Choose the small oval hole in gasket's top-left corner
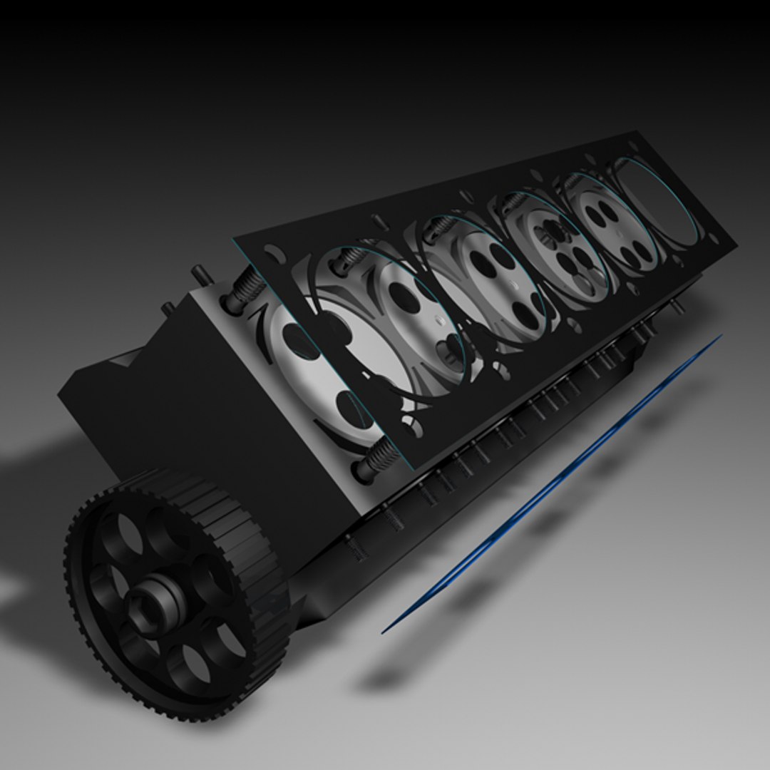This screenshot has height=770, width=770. pos(270,252)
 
